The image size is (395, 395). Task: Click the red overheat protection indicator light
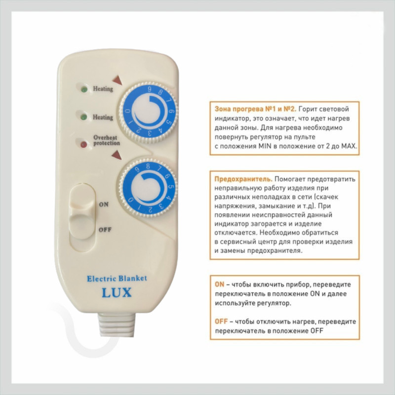coord(83,144)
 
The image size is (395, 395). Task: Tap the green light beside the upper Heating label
coord(84,89)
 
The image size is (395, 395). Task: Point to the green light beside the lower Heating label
coord(83,117)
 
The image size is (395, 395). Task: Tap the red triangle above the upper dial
coord(118,80)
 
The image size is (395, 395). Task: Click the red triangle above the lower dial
coord(117,155)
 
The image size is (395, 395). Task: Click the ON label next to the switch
coord(104,204)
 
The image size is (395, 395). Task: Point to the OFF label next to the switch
coord(105,230)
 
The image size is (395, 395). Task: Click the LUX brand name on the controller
coord(117,292)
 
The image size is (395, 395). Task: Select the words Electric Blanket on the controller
coord(117,278)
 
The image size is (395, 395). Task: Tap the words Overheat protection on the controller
coord(107,140)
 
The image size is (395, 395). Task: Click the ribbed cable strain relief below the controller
coord(117,324)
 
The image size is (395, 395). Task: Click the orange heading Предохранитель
coord(243,179)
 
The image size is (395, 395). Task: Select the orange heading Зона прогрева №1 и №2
coord(255,109)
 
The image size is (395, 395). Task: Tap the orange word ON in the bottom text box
coord(219,284)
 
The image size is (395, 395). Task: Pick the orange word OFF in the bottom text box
coord(221,321)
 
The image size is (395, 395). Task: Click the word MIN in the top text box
coord(265,146)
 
